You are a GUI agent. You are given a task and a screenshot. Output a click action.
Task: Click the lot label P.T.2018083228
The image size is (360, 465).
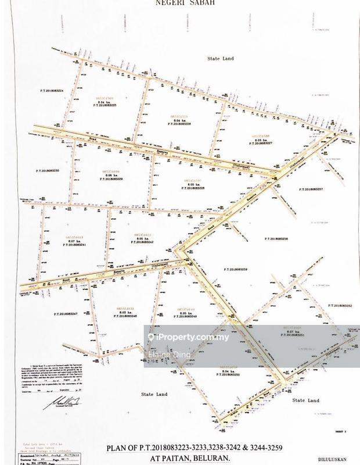192,188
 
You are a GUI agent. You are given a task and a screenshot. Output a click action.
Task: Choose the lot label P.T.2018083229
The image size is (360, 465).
110,180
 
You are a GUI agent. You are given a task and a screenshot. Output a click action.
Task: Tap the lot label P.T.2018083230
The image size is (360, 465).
48,170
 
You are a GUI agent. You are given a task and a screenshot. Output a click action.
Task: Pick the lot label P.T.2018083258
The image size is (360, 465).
276,239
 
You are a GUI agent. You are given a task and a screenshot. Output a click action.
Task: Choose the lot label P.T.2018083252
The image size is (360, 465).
339,305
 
